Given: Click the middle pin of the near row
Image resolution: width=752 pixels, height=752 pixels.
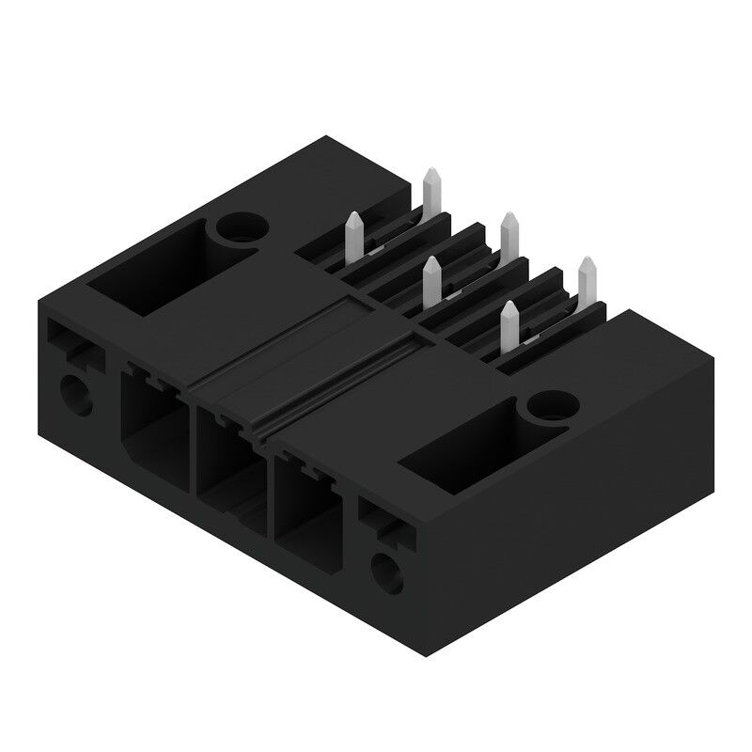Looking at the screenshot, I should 431,282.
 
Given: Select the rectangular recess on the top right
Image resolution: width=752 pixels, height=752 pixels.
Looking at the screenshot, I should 460,451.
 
